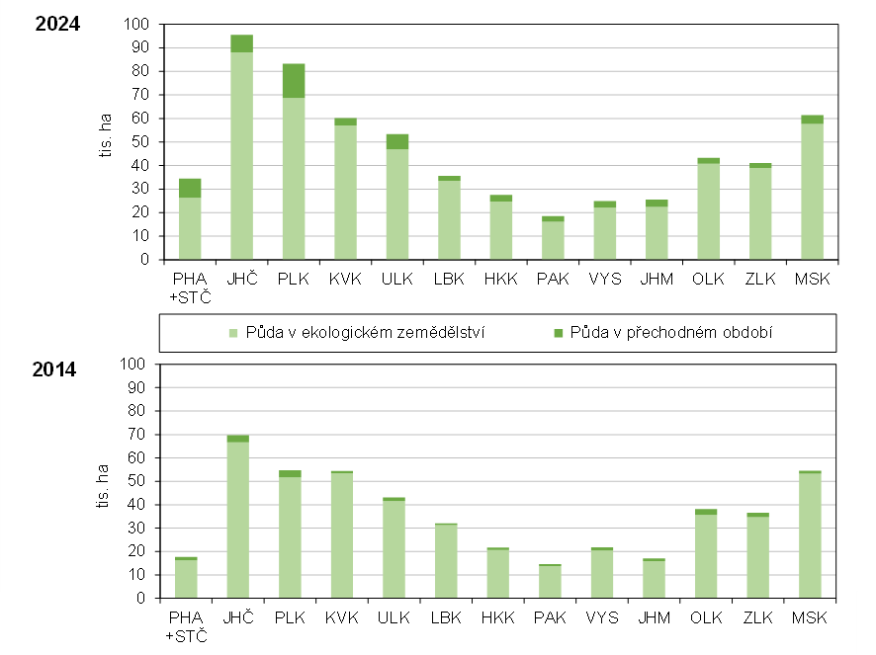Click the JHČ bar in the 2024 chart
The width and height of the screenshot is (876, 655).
(241, 148)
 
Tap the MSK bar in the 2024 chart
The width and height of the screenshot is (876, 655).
(812, 188)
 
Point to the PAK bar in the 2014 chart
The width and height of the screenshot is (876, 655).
(550, 582)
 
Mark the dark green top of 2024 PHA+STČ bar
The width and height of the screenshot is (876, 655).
(190, 188)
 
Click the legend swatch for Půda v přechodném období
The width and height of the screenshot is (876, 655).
(559, 333)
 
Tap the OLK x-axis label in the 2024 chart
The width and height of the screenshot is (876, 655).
(708, 280)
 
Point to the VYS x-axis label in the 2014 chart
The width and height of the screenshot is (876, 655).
(602, 618)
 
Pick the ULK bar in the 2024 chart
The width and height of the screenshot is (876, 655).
(396, 198)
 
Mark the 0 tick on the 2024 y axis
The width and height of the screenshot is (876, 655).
(144, 260)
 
